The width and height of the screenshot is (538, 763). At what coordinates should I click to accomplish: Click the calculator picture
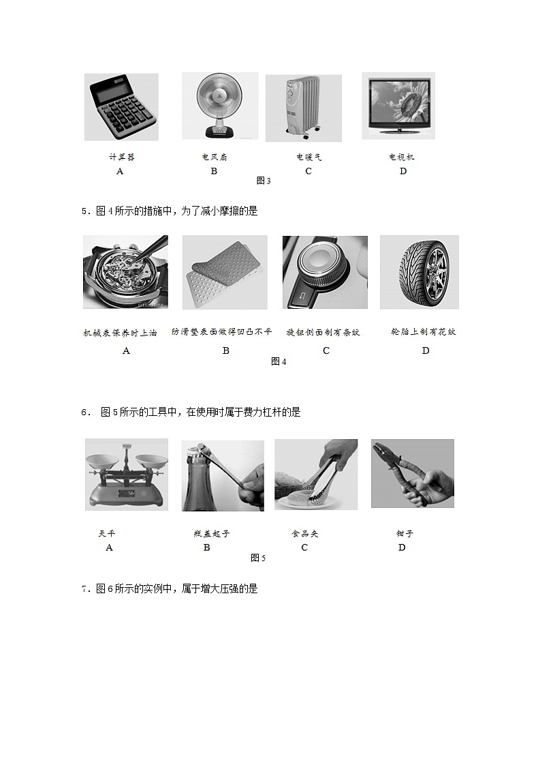point(121,107)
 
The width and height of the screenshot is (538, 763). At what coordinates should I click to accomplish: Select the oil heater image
point(303,108)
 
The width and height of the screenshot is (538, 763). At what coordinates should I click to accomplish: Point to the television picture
point(398,106)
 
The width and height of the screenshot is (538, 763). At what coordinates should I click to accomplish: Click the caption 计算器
point(122,157)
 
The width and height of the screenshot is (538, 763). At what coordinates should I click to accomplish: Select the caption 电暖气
point(308,157)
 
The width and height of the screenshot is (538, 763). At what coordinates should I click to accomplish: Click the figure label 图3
point(264,181)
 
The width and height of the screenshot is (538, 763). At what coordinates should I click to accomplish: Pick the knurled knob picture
point(325,272)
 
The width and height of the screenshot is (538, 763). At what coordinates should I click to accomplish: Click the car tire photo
point(419,272)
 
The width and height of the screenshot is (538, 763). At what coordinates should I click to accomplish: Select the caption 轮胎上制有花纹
point(423,332)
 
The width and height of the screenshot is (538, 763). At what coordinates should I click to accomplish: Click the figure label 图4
point(279,361)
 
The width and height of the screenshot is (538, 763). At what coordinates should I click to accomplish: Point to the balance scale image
point(126,474)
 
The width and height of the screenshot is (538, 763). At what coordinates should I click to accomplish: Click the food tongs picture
point(316,474)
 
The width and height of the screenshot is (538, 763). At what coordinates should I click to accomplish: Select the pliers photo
point(412,473)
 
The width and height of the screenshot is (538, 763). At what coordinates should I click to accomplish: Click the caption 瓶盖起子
point(212,533)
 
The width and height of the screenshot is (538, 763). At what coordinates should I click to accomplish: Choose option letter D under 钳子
point(402,548)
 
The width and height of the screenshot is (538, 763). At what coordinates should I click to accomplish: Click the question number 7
point(84,589)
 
